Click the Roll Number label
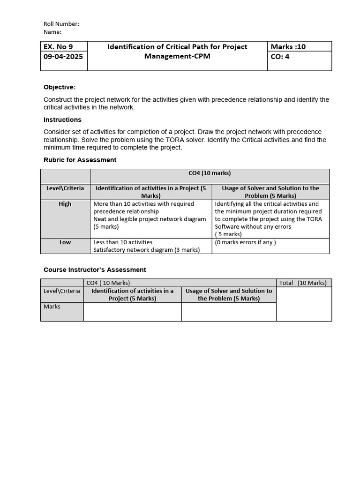tap(61, 24)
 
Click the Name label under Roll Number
tap(52, 32)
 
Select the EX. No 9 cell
tap(59, 46)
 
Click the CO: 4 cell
tap(280, 56)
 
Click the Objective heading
tap(60, 87)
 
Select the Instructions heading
tap(62, 120)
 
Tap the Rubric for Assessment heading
tap(80, 160)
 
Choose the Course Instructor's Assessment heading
tap(95, 270)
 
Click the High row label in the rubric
tap(65, 204)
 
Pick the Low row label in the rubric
tap(65, 242)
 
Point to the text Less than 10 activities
tap(123, 242)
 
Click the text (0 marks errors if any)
tap(245, 242)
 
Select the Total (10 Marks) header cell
tap(303, 283)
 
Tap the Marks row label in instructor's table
tap(52, 307)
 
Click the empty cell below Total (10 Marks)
tap(303, 304)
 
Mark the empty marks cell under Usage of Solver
tap(229, 312)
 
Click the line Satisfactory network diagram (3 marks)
tap(146, 250)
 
